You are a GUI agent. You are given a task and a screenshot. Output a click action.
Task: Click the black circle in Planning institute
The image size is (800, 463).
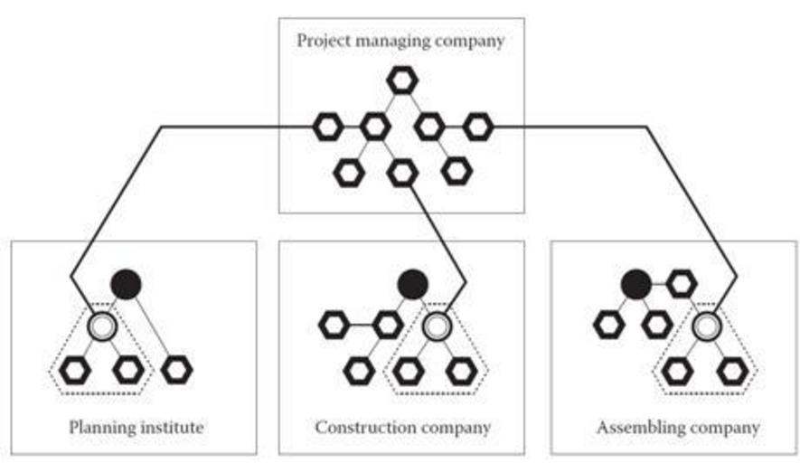click(127, 284)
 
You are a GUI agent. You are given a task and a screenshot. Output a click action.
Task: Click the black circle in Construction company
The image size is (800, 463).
click(412, 284)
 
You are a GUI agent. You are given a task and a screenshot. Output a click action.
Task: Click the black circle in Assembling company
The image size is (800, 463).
click(635, 284)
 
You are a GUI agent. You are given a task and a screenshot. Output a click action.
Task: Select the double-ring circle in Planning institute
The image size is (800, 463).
click(101, 326)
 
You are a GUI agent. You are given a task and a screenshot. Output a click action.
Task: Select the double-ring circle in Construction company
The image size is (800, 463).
click(437, 326)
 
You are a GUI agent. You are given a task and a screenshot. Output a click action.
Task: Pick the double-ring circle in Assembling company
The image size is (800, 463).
click(706, 326)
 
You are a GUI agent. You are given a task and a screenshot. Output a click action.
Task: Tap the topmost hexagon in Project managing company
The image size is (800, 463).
click(400, 80)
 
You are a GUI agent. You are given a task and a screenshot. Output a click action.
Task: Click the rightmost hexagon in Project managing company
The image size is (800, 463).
click(477, 127)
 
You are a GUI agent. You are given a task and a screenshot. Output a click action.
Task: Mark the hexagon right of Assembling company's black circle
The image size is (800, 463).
click(682, 284)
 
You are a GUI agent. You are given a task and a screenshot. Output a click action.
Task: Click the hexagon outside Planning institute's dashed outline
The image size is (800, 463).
click(178, 368)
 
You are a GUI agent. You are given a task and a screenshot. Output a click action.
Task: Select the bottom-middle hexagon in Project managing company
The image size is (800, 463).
click(402, 172)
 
